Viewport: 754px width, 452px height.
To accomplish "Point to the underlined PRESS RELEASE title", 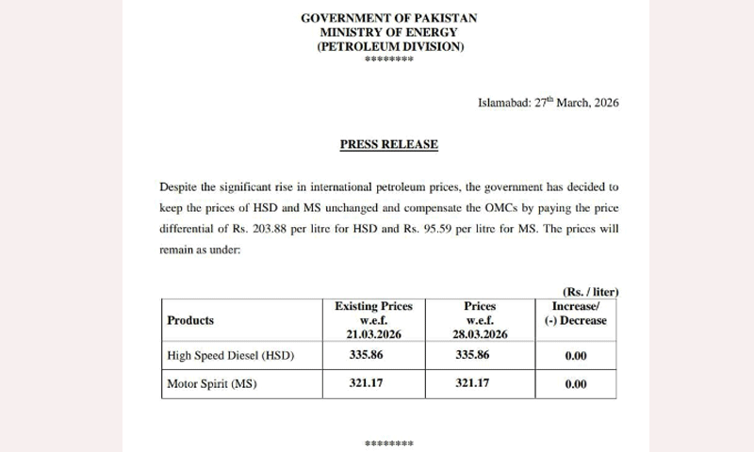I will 388,145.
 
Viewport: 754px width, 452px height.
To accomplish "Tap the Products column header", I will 190,320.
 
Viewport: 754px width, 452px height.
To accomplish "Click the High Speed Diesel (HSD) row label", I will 231,356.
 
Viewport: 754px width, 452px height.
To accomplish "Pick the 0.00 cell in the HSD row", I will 575,356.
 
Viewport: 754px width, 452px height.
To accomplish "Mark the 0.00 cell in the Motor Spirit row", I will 575,384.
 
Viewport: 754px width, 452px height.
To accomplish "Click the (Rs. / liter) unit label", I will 590,292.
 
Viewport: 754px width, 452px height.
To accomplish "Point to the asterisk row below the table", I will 389,441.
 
